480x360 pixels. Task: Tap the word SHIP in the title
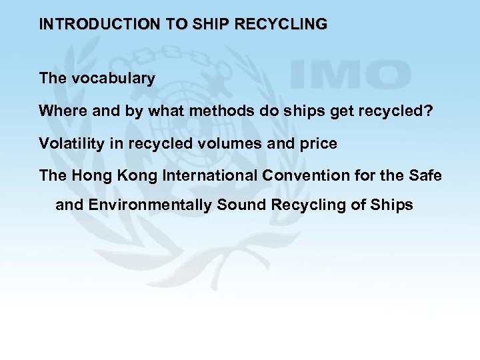(x=209, y=25)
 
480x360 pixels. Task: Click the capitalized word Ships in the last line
(x=393, y=205)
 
